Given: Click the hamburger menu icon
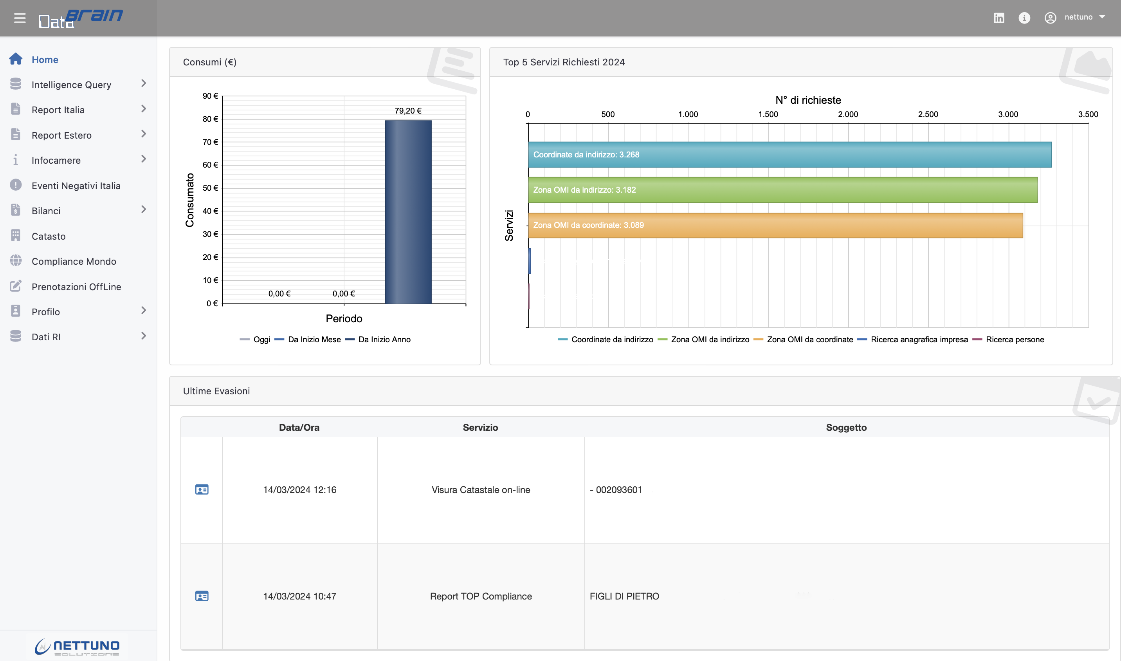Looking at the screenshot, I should pos(20,18).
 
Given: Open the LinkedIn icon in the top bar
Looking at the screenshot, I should pos(998,18).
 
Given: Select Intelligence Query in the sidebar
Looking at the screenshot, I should pos(71,85).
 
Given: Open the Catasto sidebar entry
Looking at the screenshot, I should pos(49,236).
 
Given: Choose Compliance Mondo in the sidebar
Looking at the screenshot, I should pos(74,262).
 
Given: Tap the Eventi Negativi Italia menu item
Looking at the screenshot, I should pos(76,186).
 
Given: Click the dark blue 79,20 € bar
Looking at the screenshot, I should pos(408,211).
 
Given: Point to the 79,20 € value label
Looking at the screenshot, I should pos(408,110).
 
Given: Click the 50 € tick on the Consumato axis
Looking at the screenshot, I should pos(210,188).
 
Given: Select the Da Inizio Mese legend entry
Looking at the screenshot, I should pos(314,340).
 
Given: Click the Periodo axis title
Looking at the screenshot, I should pos(344,318).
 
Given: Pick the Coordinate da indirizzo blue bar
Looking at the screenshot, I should pos(789,155).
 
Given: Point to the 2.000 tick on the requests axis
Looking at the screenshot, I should pos(848,114).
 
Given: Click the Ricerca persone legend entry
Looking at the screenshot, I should pos(1014,340).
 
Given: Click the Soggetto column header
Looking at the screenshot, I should pos(846,428).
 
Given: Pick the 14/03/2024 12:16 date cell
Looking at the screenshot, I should pos(299,490).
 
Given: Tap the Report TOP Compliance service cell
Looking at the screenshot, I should pos(480,596).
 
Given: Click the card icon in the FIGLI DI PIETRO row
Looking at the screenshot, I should pos(202,596).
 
